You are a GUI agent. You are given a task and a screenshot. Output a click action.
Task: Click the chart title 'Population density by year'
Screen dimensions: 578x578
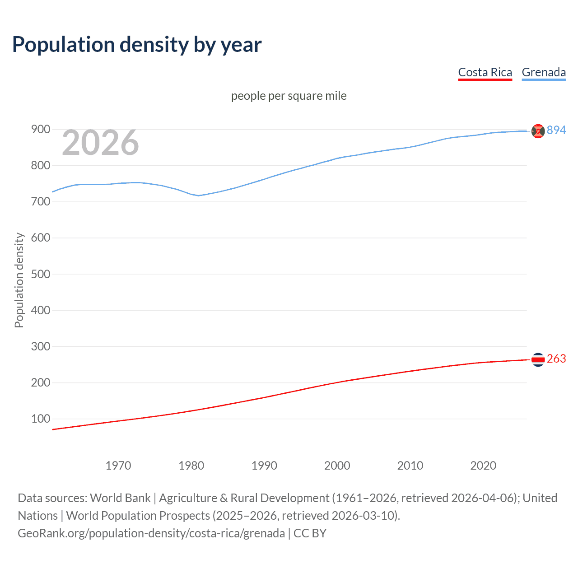(x=137, y=45)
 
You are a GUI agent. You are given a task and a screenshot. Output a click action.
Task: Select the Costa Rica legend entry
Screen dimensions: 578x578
(x=485, y=72)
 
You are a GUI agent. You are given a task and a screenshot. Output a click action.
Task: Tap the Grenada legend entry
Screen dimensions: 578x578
(x=544, y=72)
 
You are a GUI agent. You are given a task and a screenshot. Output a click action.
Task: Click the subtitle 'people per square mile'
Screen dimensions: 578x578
(x=289, y=96)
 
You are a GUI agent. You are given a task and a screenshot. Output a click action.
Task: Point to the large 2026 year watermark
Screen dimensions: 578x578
(x=100, y=143)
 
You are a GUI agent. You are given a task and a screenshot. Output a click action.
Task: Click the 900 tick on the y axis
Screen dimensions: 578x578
(x=40, y=130)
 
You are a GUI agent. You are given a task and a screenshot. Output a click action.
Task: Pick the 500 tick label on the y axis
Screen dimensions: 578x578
(x=40, y=274)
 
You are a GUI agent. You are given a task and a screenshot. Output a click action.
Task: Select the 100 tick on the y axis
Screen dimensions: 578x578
(x=40, y=419)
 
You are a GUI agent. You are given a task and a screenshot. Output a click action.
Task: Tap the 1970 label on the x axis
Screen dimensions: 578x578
(x=118, y=466)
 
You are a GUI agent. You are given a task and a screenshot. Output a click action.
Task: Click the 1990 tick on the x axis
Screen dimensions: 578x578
(x=264, y=466)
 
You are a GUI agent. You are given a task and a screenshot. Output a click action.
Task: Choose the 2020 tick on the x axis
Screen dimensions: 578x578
(x=483, y=466)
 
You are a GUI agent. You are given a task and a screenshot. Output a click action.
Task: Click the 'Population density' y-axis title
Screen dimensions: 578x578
(x=19, y=280)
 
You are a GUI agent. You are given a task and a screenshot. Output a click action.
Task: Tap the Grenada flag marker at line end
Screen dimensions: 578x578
(x=538, y=131)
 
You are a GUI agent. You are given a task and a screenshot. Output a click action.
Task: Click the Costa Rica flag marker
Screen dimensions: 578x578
(x=538, y=359)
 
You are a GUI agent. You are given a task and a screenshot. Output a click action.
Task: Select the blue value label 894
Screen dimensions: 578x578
(x=556, y=130)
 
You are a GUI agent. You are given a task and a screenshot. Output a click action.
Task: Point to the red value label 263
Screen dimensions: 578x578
(x=556, y=359)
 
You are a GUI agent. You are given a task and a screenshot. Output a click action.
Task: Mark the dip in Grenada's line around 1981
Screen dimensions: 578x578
(x=198, y=196)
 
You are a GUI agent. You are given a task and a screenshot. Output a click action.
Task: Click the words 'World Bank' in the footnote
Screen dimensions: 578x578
(x=120, y=498)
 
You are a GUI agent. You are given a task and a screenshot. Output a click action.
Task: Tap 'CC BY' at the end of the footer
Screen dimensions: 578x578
(x=310, y=533)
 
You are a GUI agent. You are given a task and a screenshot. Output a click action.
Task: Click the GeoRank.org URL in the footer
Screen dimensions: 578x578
(x=151, y=533)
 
